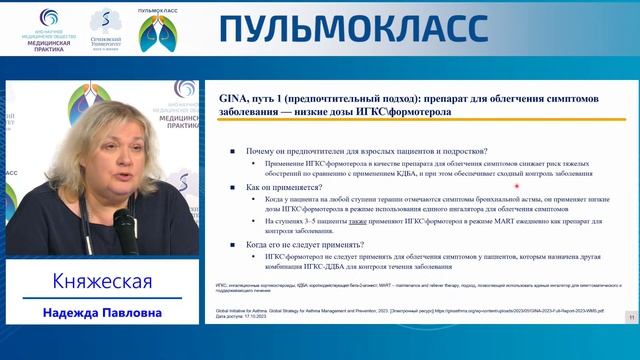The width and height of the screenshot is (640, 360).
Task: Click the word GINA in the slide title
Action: (232, 99)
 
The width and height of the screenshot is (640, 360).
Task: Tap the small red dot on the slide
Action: (517, 185)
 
